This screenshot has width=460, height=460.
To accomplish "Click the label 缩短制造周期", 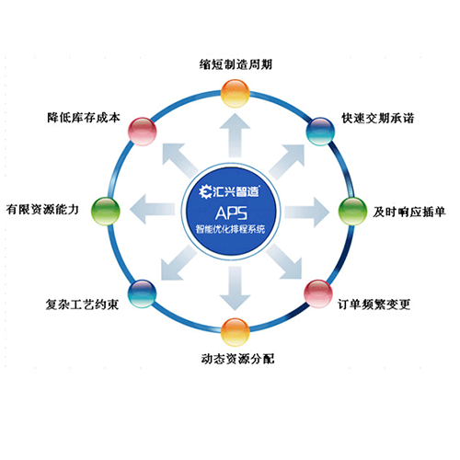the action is pyautogui.click(x=236, y=64).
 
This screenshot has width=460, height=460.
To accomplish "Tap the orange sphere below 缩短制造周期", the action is pyautogui.click(x=236, y=93).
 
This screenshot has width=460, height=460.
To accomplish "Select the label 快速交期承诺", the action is pyautogui.click(x=378, y=118).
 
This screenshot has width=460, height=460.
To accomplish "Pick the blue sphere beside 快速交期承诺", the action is pyautogui.click(x=320, y=132).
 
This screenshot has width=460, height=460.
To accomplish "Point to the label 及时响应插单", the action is pyautogui.click(x=409, y=212).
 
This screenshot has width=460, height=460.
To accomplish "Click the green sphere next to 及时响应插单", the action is pyautogui.click(x=352, y=212).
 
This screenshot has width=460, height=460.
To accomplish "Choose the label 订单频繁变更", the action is pyautogui.click(x=374, y=305).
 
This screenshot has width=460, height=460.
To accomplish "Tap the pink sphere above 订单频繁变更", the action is pyautogui.click(x=318, y=293).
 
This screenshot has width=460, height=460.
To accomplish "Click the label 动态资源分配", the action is pyautogui.click(x=237, y=359).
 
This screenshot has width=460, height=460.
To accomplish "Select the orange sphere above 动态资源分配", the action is pyautogui.click(x=236, y=332).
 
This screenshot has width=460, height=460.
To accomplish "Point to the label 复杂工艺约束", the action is pyautogui.click(x=82, y=305).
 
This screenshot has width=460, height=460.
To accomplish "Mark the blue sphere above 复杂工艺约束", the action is pyautogui.click(x=142, y=293).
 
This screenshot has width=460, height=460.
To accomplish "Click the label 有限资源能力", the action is pyautogui.click(x=42, y=210).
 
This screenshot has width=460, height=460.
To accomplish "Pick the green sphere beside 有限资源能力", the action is pyautogui.click(x=106, y=212).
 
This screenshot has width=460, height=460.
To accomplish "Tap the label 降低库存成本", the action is pyautogui.click(x=84, y=118).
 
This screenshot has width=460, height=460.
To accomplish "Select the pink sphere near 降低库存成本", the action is pyautogui.click(x=142, y=132).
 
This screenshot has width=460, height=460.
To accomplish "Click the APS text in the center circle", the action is pyautogui.click(x=231, y=213).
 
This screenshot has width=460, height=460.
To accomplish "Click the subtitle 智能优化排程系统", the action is pyautogui.click(x=230, y=229).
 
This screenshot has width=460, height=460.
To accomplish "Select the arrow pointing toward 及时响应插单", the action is pyautogui.click(x=306, y=213).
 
